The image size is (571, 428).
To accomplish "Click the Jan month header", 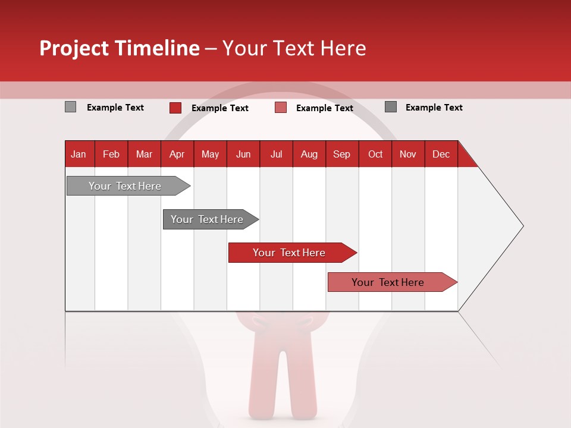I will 79,154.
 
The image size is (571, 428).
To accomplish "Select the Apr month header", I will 177,154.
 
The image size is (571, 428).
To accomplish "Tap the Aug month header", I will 309,154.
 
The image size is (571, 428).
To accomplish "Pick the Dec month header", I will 441,154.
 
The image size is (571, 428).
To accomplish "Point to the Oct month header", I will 375,154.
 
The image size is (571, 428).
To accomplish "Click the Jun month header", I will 243,154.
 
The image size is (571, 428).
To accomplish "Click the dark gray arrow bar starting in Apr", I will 207,219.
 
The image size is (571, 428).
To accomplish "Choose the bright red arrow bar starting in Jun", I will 289,253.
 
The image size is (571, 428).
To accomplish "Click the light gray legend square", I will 70,107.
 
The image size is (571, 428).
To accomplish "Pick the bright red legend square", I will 175,108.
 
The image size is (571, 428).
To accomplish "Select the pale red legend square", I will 280,108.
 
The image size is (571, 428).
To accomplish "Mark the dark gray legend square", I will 390,107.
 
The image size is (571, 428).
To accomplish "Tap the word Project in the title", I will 74,48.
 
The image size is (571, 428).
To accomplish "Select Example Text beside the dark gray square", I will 434,108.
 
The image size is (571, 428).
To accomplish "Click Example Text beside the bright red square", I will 219,108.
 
